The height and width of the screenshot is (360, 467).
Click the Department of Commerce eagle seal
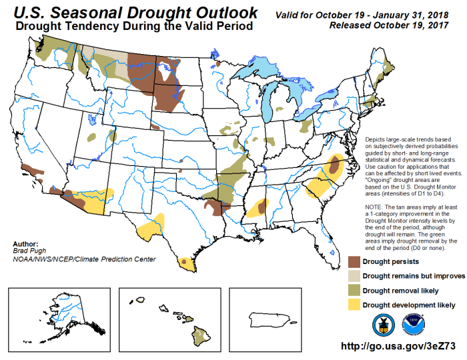coord(382,323)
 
